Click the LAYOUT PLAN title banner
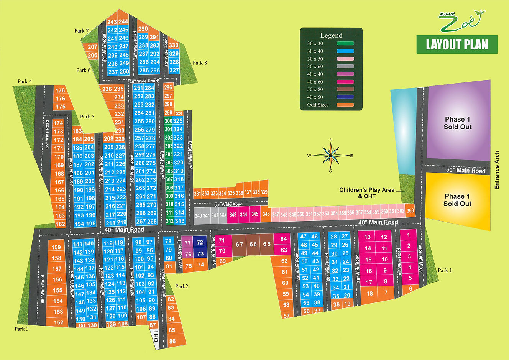coord(457,44)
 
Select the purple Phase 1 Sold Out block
coord(458,123)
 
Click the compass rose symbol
coord(330,155)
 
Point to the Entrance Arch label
coord(497,170)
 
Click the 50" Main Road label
coord(465,170)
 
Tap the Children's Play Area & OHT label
coord(367,193)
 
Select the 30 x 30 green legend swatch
coord(345,43)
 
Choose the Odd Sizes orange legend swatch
coord(345,105)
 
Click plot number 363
coord(410,210)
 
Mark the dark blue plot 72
coord(200,242)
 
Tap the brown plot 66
coord(253,244)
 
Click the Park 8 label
coord(200,63)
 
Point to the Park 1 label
coord(445,270)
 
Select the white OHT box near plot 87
coord(156,336)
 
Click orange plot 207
coord(92,47)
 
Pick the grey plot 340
coord(198,215)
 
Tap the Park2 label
coord(182,286)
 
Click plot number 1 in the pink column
coord(409,235)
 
